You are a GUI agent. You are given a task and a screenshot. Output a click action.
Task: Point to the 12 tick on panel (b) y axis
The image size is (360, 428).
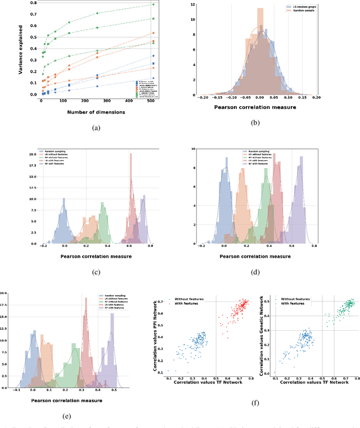tap(193, 4)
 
